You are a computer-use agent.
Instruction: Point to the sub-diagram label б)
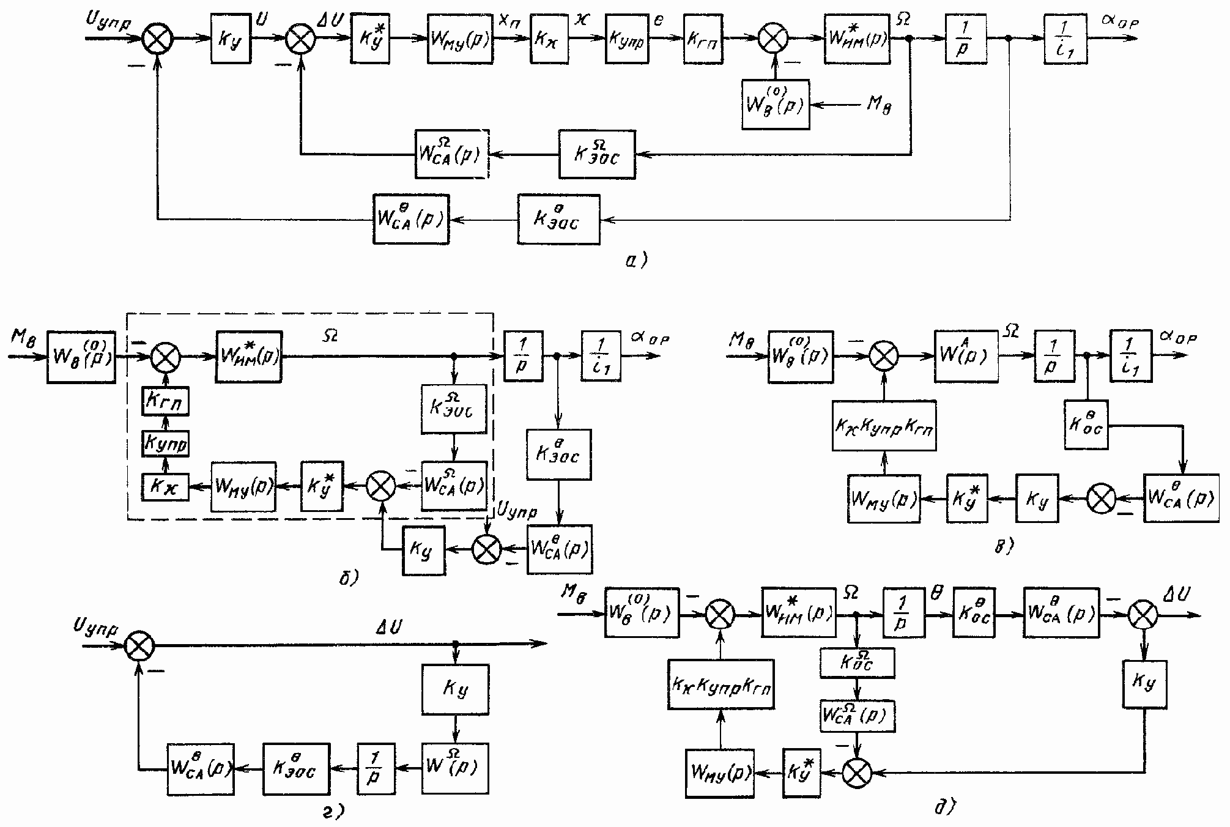pyautogui.click(x=349, y=576)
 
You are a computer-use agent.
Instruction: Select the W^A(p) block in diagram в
pyautogui.click(x=966, y=356)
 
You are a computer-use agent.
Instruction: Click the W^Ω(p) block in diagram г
pyautogui.click(x=455, y=768)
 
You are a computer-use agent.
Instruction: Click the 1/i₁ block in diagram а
pyautogui.click(x=1065, y=39)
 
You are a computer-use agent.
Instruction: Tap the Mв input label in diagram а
pyautogui.click(x=879, y=106)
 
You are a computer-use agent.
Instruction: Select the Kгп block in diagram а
pyautogui.click(x=703, y=39)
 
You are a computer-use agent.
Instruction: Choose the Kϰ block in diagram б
pyautogui.click(x=165, y=487)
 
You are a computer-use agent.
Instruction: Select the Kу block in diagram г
pyautogui.click(x=455, y=689)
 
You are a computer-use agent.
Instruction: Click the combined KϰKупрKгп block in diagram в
pyautogui.click(x=884, y=426)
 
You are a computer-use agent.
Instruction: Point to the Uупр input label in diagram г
pyautogui.click(x=95, y=627)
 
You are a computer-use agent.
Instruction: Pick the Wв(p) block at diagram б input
pyautogui.click(x=81, y=357)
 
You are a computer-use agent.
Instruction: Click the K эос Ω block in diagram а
pyautogui.click(x=597, y=154)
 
